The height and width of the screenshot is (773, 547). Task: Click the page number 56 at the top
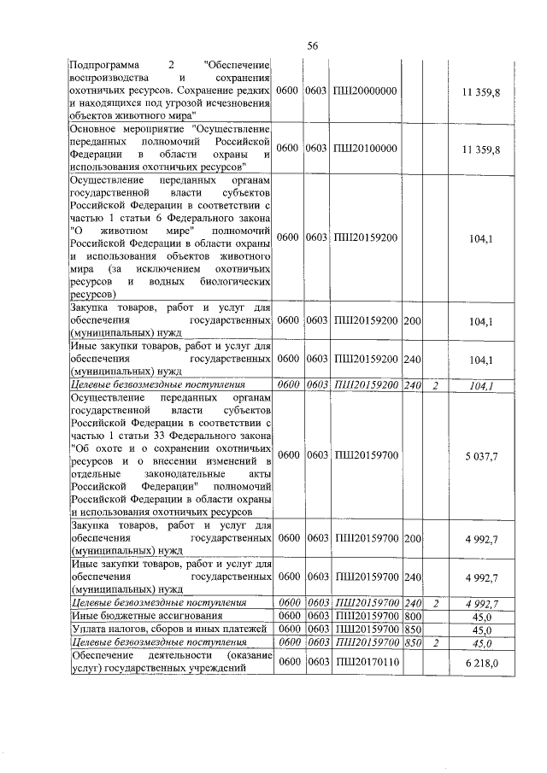tap(313, 46)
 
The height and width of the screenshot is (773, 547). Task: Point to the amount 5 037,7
tap(481, 456)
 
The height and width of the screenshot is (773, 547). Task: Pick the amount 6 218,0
tap(481, 663)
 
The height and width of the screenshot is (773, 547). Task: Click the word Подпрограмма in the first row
tap(102, 65)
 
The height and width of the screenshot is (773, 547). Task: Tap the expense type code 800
tap(413, 615)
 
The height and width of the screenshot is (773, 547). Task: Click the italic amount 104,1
tap(483, 386)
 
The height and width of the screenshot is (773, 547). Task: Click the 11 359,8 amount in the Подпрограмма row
tap(479, 91)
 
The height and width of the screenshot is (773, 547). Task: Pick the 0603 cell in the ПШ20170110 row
tap(317, 662)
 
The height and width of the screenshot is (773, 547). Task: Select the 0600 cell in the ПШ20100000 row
tap(290, 148)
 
